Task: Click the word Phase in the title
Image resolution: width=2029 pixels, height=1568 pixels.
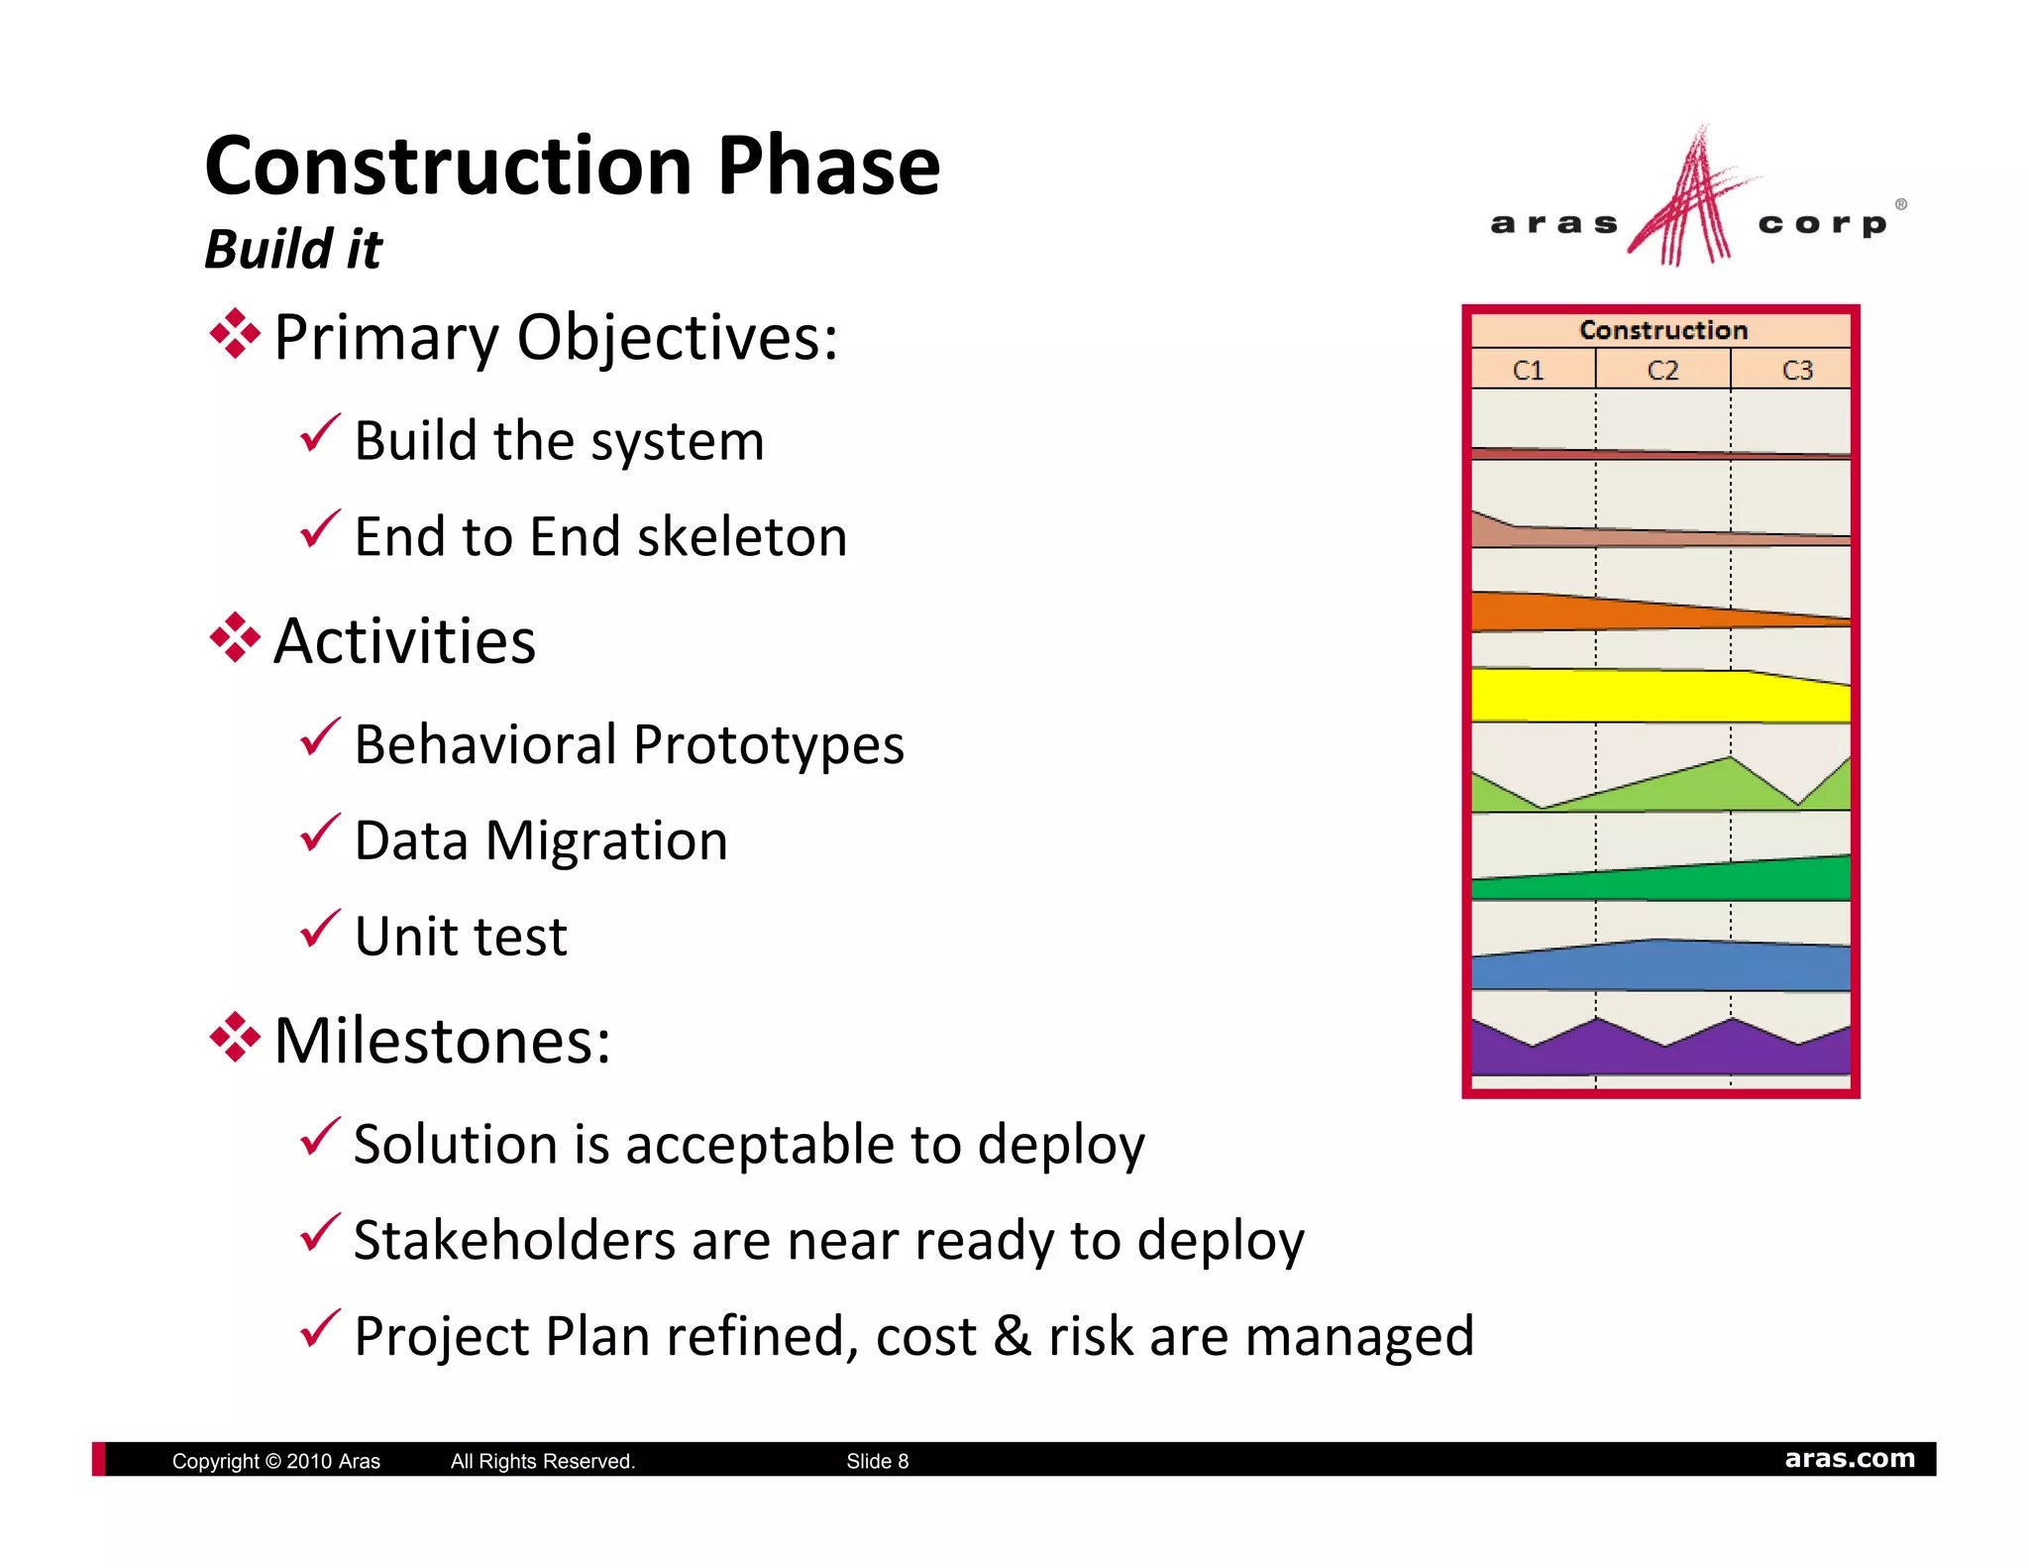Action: click(x=828, y=167)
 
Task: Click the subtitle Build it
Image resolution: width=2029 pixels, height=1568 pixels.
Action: click(x=293, y=248)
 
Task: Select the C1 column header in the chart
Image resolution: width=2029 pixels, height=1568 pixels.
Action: click(x=1529, y=370)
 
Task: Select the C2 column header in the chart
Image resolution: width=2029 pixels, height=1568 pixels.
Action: click(x=1663, y=370)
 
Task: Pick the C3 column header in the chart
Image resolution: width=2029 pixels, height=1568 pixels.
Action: click(x=1797, y=370)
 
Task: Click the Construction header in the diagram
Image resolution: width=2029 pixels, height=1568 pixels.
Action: click(x=1662, y=330)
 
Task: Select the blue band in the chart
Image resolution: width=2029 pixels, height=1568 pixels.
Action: click(x=1659, y=965)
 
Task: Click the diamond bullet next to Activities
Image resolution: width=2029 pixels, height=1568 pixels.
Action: click(x=235, y=637)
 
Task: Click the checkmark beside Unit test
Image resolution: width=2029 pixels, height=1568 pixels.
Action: click(x=320, y=929)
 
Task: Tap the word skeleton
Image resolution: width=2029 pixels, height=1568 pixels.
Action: click(x=742, y=537)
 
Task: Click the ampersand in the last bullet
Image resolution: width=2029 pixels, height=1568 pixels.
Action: click(x=1012, y=1336)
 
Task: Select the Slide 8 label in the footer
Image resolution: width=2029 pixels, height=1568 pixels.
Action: click(x=877, y=1461)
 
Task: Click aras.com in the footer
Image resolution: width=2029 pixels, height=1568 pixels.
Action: click(x=1849, y=1459)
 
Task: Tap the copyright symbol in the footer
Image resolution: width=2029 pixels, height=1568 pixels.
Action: click(x=273, y=1461)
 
